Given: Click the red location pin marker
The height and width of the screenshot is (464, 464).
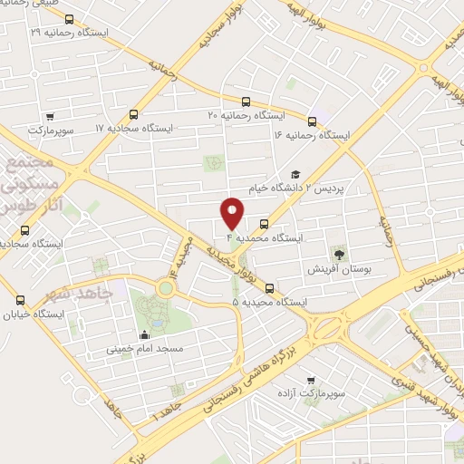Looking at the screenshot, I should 233,211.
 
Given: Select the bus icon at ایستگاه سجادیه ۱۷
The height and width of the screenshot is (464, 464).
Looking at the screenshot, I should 134,115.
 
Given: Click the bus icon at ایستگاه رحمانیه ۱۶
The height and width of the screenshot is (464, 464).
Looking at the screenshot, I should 312,121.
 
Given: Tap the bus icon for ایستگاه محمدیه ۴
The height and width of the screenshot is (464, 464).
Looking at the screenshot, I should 264,223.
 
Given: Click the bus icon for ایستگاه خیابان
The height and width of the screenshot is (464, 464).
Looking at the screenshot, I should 20,300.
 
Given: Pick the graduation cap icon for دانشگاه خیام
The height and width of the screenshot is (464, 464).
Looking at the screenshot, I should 295,174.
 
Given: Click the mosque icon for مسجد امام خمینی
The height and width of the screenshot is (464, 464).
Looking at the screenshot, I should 146,332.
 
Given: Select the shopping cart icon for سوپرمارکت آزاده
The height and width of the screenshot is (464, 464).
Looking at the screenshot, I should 311,380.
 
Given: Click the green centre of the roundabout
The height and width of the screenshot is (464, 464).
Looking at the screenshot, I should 165,288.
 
